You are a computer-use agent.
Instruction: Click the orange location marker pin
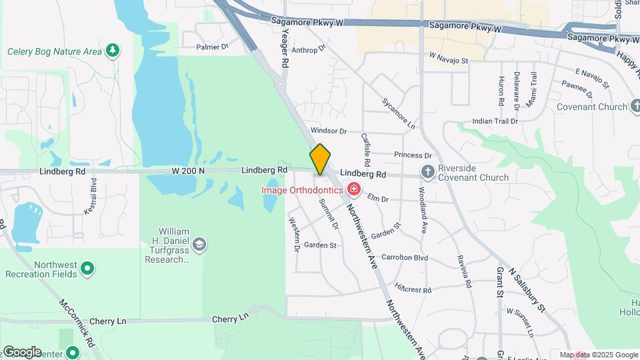(x=320, y=159)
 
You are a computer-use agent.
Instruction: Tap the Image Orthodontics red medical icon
(x=353, y=191)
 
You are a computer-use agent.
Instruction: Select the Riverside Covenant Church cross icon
(x=428, y=173)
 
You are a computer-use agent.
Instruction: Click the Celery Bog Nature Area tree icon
(x=113, y=50)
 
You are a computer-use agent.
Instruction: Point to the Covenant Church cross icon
(x=633, y=107)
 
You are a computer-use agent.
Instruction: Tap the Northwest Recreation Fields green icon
(x=87, y=269)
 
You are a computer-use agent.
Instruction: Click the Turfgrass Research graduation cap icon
(x=199, y=245)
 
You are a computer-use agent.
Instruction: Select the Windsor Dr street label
(x=329, y=131)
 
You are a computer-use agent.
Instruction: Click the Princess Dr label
(x=409, y=155)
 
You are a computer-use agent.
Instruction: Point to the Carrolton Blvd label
(x=404, y=257)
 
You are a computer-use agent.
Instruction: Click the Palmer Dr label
(x=212, y=47)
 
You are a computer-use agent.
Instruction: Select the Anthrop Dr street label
(x=308, y=49)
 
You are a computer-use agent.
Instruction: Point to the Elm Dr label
(x=377, y=198)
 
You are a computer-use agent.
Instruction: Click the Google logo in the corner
(x=21, y=351)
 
